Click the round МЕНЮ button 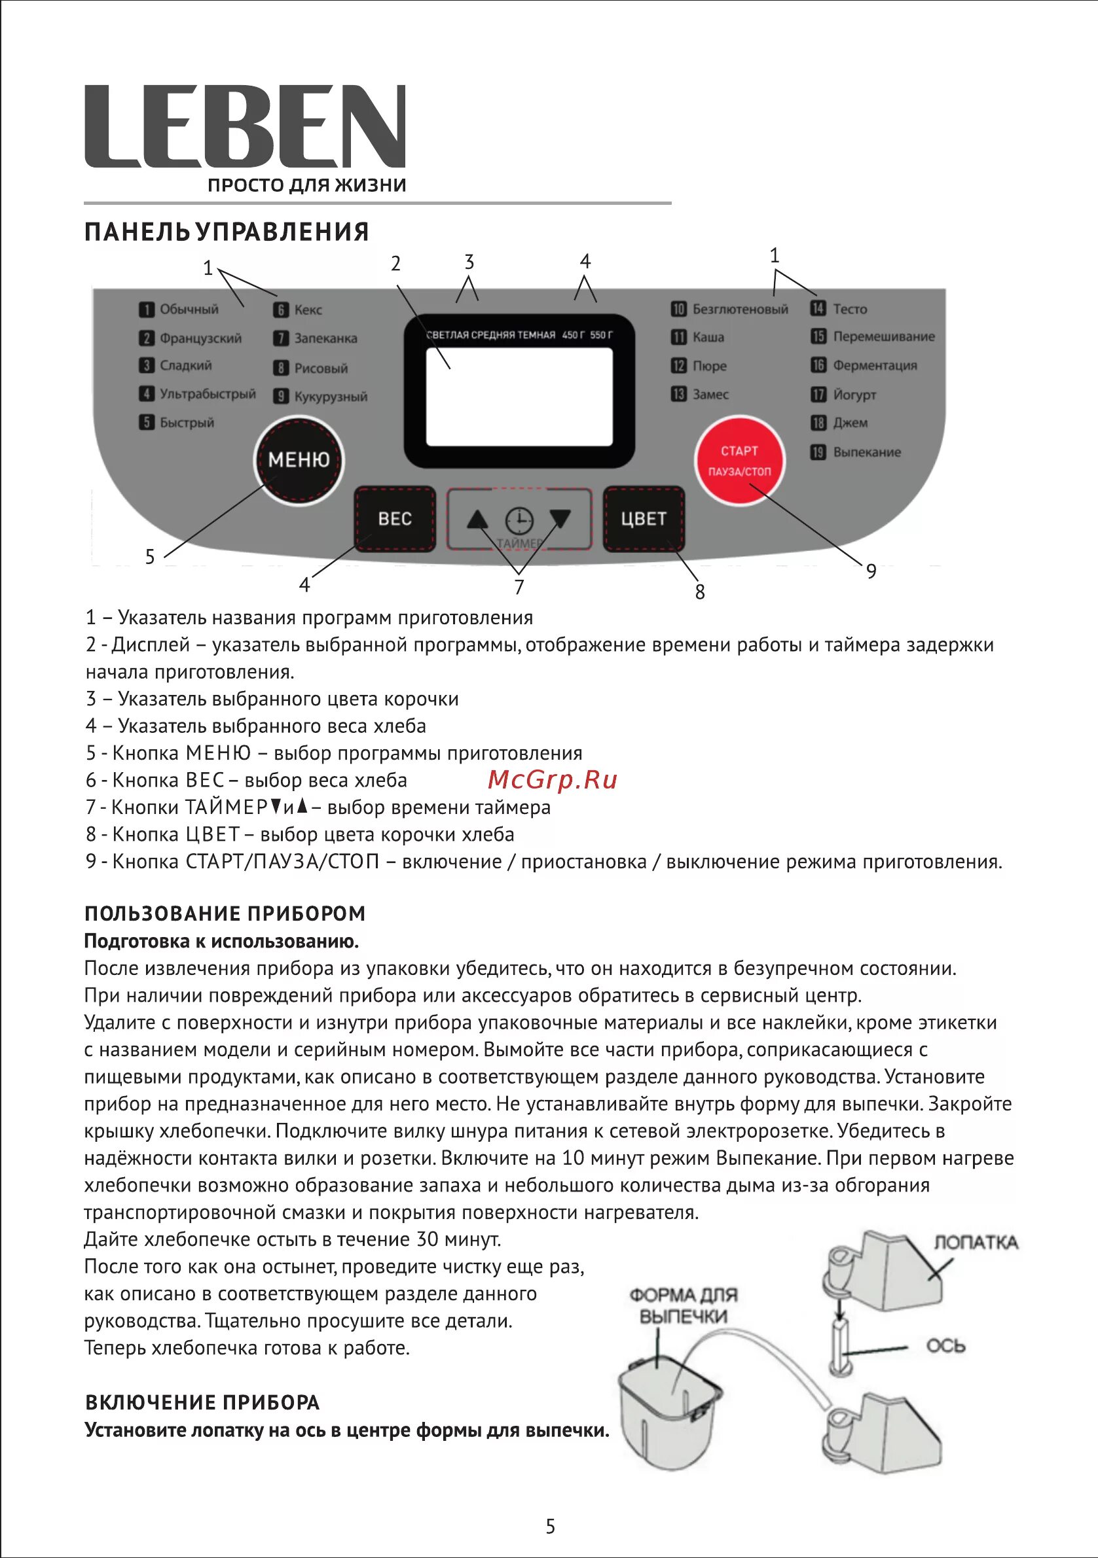(299, 460)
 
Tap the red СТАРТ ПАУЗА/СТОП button (739, 461)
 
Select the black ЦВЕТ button (643, 519)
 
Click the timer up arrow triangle (478, 520)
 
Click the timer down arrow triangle (560, 519)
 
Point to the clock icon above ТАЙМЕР (519, 521)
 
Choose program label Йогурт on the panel (854, 395)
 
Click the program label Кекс (308, 310)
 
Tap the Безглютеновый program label (740, 310)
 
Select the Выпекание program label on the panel (866, 452)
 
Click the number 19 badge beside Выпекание (818, 452)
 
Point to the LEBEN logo (245, 126)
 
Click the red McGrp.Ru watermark (552, 780)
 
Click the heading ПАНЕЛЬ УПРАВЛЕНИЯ (227, 232)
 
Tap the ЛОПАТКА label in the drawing (976, 1243)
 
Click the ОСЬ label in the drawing (945, 1345)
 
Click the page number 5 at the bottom (550, 1527)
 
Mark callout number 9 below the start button (871, 571)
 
